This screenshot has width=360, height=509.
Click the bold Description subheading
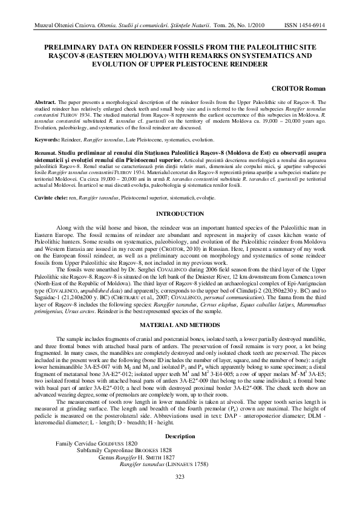click(179, 436)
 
